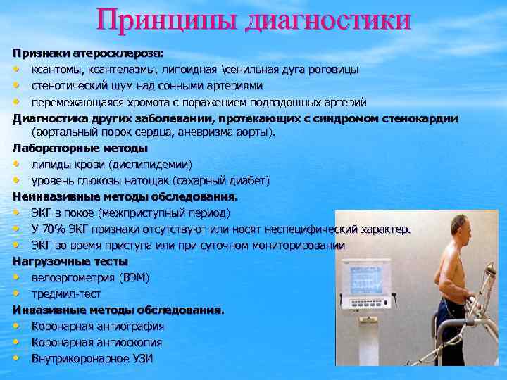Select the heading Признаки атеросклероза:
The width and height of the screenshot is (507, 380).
point(87,54)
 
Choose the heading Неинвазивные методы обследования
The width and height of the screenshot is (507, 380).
point(125,196)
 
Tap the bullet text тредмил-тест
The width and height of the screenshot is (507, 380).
point(65,293)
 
